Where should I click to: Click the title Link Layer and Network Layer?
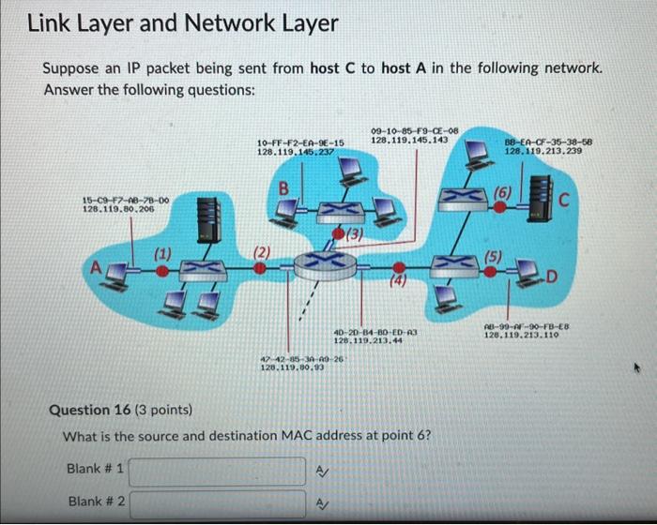tap(182, 23)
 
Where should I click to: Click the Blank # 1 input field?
tap(223, 469)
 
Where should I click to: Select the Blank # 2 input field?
tap(223, 503)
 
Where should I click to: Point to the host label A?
tap(95, 265)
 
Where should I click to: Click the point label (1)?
tap(162, 251)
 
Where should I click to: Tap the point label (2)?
tap(262, 250)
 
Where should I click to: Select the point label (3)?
tap(356, 232)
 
